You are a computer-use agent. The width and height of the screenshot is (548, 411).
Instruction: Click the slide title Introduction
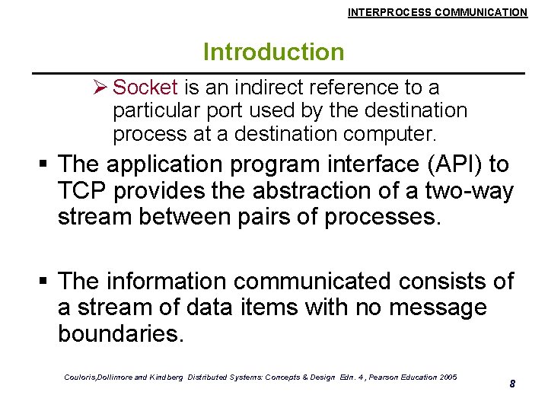273,53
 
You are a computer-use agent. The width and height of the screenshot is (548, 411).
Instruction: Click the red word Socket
145,88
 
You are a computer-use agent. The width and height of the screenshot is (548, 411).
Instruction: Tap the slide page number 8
512,384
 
